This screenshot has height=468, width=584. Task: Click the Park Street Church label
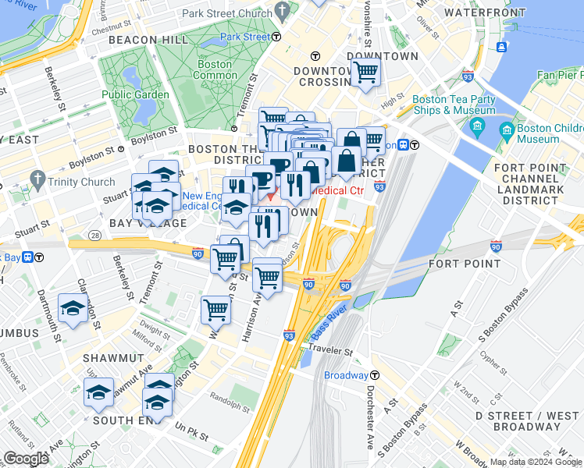coord(226,13)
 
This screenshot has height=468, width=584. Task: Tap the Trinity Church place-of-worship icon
coord(37,180)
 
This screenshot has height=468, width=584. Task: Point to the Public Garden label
coord(135,94)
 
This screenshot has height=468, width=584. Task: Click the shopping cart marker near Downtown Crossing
coord(365,73)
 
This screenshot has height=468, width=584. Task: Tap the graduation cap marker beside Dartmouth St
coord(73,309)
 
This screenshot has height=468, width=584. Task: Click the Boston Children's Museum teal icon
coord(507,129)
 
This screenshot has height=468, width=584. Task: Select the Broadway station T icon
coord(375,375)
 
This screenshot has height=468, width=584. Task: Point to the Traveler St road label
coord(330,351)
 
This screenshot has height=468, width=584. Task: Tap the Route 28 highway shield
coord(94,235)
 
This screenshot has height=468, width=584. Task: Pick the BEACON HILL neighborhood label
coord(148,39)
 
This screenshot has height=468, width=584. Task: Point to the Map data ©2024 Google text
coord(536,462)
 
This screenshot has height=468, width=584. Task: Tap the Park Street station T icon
coord(277,37)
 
